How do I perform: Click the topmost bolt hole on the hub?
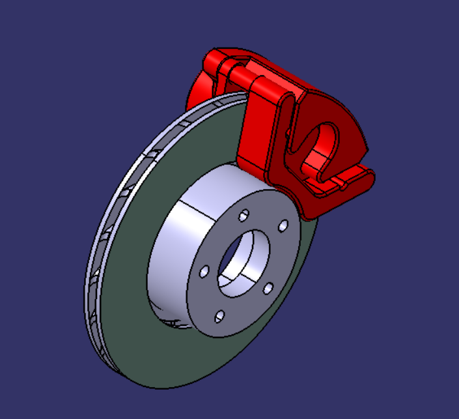pos(244,215)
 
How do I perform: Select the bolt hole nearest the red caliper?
pos(283,225)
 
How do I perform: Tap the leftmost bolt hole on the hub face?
pos(204,270)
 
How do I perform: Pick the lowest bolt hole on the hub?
pos(219,316)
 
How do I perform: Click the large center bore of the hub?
pos(242,261)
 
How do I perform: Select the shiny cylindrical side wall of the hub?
pos(171,261)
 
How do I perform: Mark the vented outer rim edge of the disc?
pos(98,261)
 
